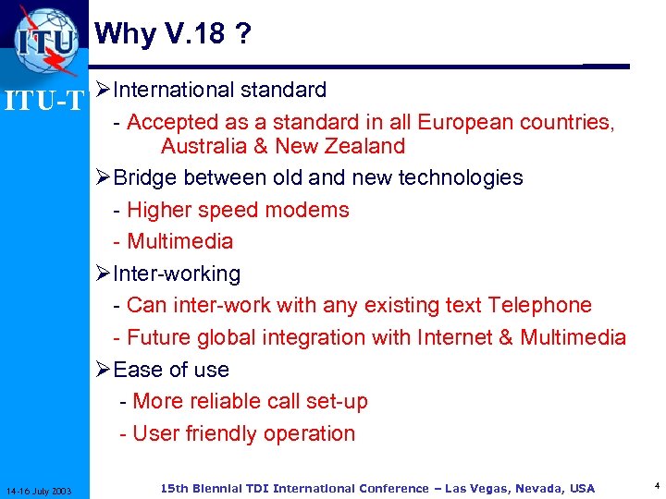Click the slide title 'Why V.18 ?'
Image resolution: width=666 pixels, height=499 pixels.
tap(173, 34)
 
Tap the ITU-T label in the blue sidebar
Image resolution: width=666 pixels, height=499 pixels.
tap(44, 99)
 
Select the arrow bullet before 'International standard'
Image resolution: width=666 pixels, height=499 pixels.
tap(103, 91)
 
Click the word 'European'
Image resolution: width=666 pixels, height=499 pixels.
tap(465, 122)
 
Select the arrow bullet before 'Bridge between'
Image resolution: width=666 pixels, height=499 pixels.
tap(103, 177)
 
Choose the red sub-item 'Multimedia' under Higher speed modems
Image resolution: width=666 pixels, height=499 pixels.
tap(179, 241)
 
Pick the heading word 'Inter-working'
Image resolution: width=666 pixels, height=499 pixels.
tap(176, 274)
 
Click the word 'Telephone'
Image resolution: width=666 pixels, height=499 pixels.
tap(540, 305)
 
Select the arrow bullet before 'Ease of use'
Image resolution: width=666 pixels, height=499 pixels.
tap(103, 370)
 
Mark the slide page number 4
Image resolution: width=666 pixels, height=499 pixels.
tap(655, 484)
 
